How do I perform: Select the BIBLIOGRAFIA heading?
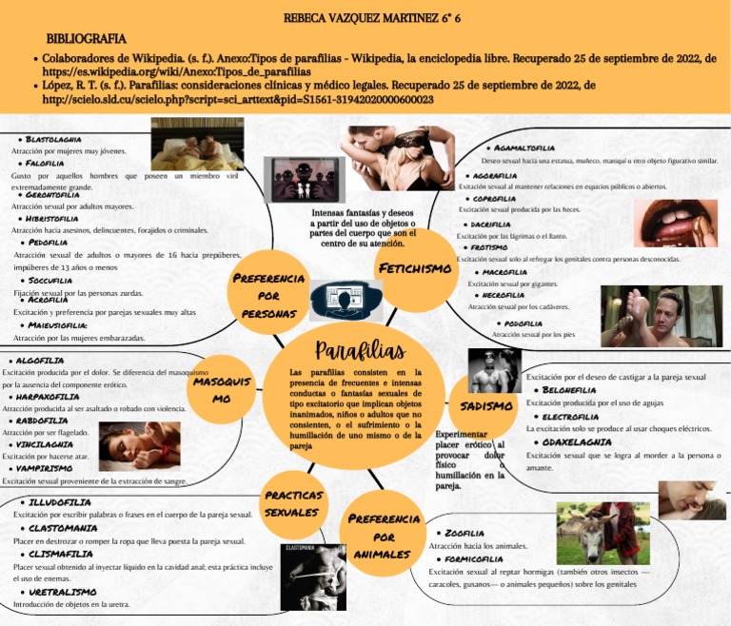87,39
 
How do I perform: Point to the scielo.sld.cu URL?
238,99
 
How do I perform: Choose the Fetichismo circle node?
414,268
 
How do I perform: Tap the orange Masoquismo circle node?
222,389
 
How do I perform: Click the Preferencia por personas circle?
269,295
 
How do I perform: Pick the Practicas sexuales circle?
293,503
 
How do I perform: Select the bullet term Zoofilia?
465,534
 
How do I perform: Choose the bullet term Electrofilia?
570,416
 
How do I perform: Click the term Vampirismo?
49,468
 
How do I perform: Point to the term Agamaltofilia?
524,148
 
